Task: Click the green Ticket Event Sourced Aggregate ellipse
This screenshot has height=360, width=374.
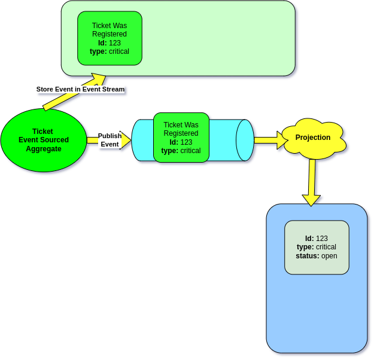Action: point(43,140)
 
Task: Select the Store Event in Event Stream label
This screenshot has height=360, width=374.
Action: point(80,89)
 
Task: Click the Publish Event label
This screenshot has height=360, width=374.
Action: point(110,140)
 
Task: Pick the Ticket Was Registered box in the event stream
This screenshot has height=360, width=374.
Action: point(110,38)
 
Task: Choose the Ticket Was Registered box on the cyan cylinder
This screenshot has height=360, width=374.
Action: point(181,138)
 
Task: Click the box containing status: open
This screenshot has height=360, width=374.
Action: point(316,247)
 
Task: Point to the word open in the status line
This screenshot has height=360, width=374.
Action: point(329,256)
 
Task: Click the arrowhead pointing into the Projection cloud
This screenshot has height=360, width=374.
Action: point(283,140)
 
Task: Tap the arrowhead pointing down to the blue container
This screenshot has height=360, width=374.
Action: point(311,199)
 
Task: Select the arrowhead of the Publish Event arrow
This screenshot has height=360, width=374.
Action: point(126,140)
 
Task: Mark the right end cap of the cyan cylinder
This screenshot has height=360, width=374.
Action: point(245,140)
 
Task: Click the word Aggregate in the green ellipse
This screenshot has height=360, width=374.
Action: point(43,149)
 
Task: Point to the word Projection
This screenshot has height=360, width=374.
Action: point(313,138)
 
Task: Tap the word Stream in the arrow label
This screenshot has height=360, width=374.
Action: point(112,89)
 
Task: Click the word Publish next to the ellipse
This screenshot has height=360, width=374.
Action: point(110,136)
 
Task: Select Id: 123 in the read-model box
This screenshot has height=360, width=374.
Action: point(316,238)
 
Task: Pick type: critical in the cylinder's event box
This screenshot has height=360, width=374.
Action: point(181,151)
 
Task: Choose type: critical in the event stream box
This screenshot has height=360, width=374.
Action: point(110,51)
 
